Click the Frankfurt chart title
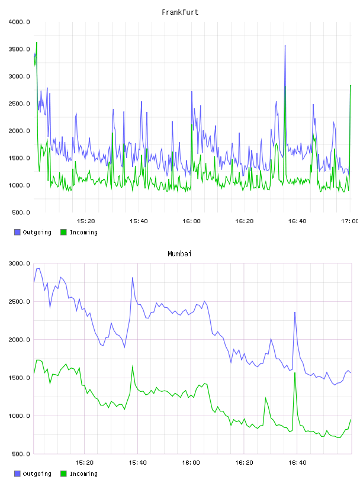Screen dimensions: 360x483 point(180,12)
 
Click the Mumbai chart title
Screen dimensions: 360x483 point(179,253)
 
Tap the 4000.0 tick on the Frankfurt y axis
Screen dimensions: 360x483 point(19,22)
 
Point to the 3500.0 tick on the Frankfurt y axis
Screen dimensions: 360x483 point(19,49)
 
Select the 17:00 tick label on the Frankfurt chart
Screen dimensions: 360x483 point(349,221)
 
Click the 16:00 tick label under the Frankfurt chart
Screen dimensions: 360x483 point(191,221)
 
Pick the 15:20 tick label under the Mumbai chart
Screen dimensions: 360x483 point(84,462)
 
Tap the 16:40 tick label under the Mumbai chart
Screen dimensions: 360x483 point(297,462)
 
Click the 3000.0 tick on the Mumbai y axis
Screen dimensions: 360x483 point(19,263)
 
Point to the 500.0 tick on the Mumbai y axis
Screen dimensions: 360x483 point(21,454)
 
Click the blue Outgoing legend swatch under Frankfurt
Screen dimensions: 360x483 point(17,232)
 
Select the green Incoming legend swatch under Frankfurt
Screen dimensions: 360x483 point(63,232)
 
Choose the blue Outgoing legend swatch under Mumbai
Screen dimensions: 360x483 point(17,474)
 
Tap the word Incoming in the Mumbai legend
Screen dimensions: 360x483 point(83,474)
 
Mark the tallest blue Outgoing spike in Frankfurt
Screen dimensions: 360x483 point(285,46)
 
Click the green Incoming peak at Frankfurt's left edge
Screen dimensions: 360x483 point(37,43)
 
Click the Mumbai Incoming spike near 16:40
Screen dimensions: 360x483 point(295,373)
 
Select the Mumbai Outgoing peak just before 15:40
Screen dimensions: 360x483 point(133,278)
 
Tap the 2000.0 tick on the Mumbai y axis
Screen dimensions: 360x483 point(19,339)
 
